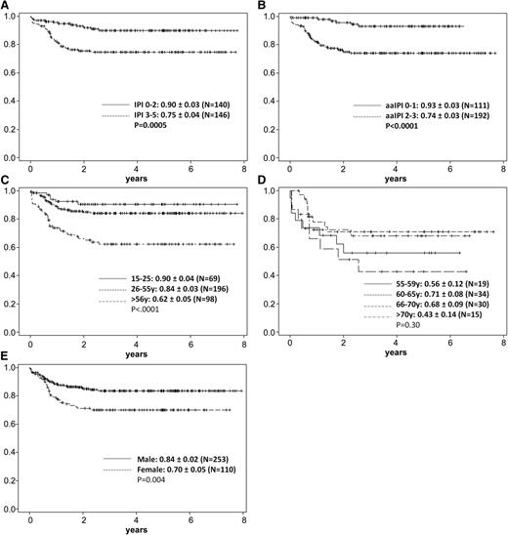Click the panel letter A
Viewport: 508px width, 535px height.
coord(6,6)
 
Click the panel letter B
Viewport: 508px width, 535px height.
coord(263,6)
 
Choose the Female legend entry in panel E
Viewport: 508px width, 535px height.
coord(166,468)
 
